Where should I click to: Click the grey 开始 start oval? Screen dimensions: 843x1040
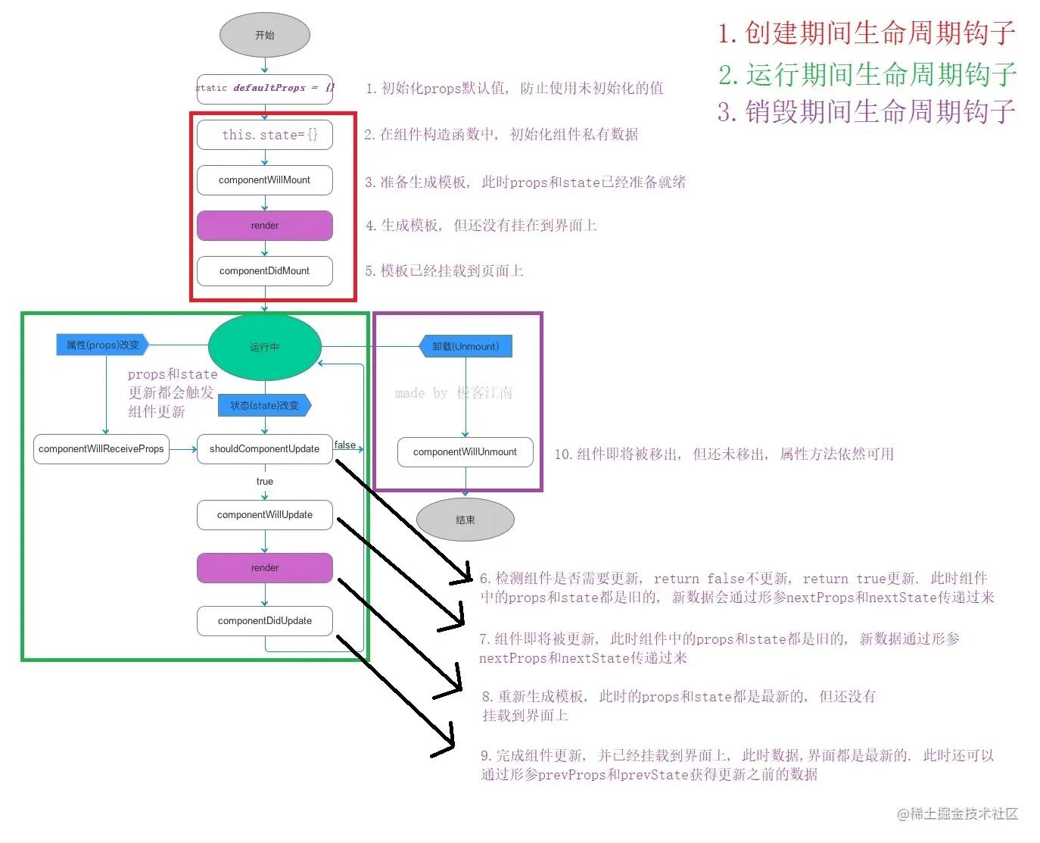[264, 36]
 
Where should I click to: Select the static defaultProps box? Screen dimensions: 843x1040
[264, 89]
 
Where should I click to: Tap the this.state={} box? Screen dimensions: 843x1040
[264, 135]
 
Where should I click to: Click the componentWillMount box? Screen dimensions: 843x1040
[264, 180]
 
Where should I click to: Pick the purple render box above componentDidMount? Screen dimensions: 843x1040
[264, 226]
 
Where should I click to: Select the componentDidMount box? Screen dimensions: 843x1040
[264, 271]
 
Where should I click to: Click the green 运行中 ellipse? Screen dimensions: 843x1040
[264, 347]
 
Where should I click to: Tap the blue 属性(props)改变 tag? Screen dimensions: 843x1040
[102, 345]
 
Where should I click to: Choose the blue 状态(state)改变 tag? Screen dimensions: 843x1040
[264, 406]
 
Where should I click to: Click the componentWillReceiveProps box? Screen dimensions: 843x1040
[101, 449]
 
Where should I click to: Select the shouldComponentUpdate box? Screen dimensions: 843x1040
[264, 449]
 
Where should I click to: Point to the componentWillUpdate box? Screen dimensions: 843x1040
[264, 515]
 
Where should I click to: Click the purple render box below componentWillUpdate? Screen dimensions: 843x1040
[264, 568]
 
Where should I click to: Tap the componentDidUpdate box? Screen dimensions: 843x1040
[264, 621]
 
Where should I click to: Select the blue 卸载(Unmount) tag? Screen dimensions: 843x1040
[466, 347]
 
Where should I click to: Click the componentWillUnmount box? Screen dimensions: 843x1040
[465, 452]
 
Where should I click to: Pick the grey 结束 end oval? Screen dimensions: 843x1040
[465, 520]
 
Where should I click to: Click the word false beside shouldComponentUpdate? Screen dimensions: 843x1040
[345, 445]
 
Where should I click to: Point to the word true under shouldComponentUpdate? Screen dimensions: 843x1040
[264, 482]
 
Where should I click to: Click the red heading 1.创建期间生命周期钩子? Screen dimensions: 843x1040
[866, 33]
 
